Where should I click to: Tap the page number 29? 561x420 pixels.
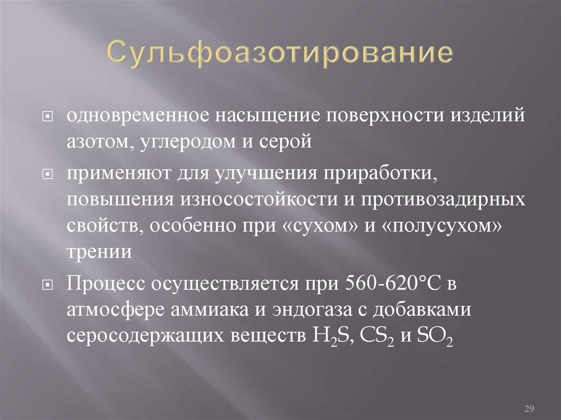530,409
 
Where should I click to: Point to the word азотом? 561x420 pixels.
99,141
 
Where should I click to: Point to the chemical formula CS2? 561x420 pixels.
372,335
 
